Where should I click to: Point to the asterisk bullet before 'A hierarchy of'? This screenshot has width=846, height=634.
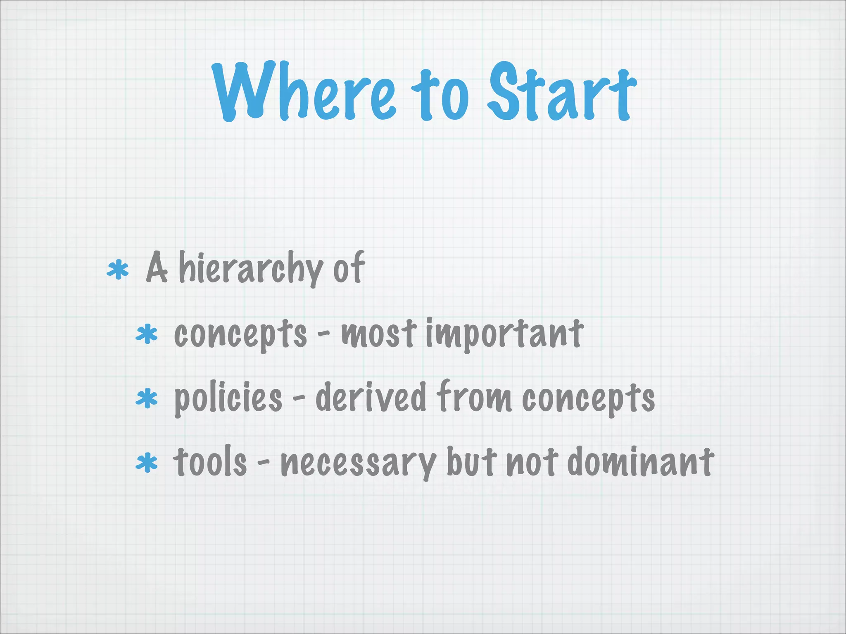118,270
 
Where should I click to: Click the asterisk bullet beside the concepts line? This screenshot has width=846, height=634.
147,335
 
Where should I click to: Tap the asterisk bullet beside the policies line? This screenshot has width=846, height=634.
147,399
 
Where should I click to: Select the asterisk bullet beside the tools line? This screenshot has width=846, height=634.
147,463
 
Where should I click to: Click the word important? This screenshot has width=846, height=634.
504,334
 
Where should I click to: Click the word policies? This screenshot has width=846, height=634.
228,399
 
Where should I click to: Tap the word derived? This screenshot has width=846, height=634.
371,397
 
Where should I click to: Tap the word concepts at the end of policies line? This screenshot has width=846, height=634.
588,399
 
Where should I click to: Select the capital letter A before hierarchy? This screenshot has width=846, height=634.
157,268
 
